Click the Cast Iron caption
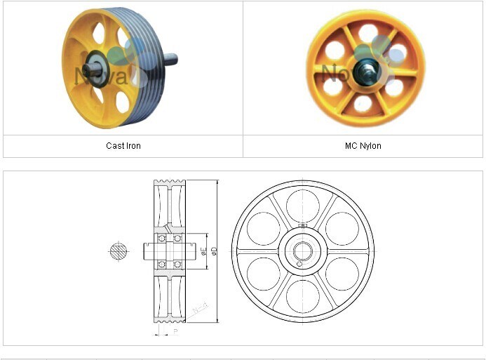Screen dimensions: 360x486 tap(123, 146)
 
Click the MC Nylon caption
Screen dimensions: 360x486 tap(363, 146)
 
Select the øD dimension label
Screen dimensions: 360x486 tap(214, 251)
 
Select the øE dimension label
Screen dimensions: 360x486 tap(203, 251)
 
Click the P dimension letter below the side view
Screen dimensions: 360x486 tap(175, 331)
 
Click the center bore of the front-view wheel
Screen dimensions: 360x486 tap(303, 251)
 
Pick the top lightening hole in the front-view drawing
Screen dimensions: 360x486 tap(303, 206)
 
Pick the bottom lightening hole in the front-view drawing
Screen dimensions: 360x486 tap(303, 297)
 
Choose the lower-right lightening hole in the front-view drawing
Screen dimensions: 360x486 tap(342, 274)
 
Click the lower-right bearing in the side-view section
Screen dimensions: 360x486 tap(178, 264)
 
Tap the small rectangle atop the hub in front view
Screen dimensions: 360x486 tap(303, 225)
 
